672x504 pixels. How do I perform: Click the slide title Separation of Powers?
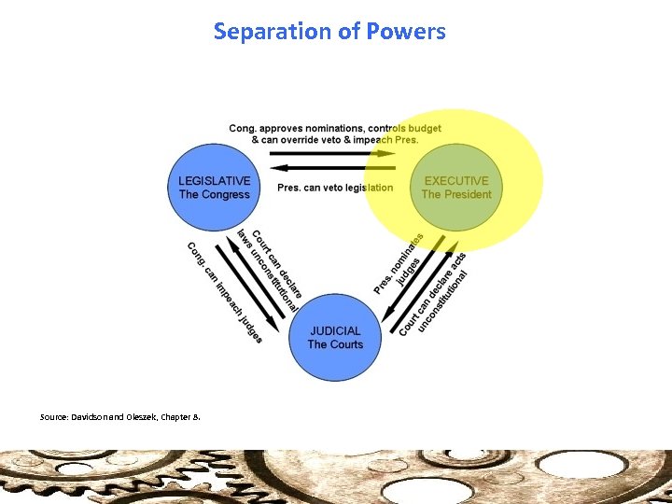pos(329,32)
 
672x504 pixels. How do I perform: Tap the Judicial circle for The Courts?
pos(335,337)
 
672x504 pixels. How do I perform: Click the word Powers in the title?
pos(405,32)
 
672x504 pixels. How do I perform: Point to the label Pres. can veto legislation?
pos(335,188)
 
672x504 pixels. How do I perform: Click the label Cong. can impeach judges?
pos(225,292)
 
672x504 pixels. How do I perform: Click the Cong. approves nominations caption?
pos(335,133)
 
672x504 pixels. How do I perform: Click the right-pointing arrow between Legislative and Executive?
pos(335,154)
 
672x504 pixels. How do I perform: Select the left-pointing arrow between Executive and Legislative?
pos(335,168)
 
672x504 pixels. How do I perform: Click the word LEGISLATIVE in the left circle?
pos(214,181)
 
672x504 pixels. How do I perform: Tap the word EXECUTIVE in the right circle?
pos(456,181)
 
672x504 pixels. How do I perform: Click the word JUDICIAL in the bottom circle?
pos(335,330)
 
